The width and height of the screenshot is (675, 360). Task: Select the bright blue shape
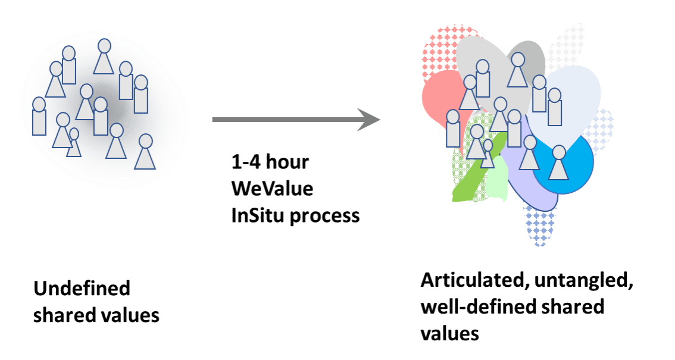pos(580,170)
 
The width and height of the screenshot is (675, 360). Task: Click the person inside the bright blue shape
pos(558,164)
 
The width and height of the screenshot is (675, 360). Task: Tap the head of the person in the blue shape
pos(558,152)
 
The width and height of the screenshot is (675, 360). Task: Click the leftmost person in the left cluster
pos(39,117)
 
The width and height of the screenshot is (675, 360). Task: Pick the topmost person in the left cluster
pos(104,58)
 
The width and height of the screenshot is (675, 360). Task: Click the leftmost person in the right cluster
pos(453,129)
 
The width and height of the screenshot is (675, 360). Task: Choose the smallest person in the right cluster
pos(487,154)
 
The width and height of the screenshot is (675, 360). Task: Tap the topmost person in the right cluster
pos(517,71)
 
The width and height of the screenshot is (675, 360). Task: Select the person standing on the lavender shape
pos(529,154)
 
